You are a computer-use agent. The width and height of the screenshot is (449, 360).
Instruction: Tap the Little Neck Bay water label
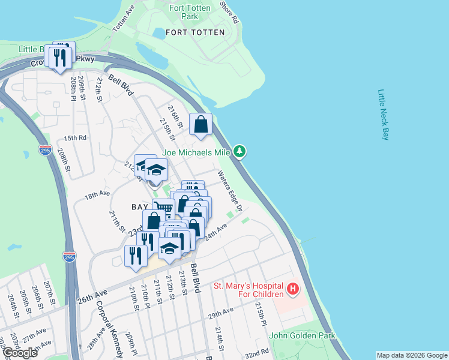click(384, 115)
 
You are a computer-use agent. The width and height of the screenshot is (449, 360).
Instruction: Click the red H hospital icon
click(293, 290)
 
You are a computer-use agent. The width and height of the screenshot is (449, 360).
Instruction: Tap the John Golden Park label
click(302, 336)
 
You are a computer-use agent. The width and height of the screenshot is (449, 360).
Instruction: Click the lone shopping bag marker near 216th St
click(201, 124)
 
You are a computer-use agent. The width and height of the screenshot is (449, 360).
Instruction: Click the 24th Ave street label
click(216, 233)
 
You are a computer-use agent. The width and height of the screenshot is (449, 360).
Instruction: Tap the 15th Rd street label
click(76, 138)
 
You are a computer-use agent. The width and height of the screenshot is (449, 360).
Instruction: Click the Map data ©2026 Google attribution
click(411, 355)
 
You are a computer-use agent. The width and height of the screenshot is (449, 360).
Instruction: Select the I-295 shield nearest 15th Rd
click(45, 150)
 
